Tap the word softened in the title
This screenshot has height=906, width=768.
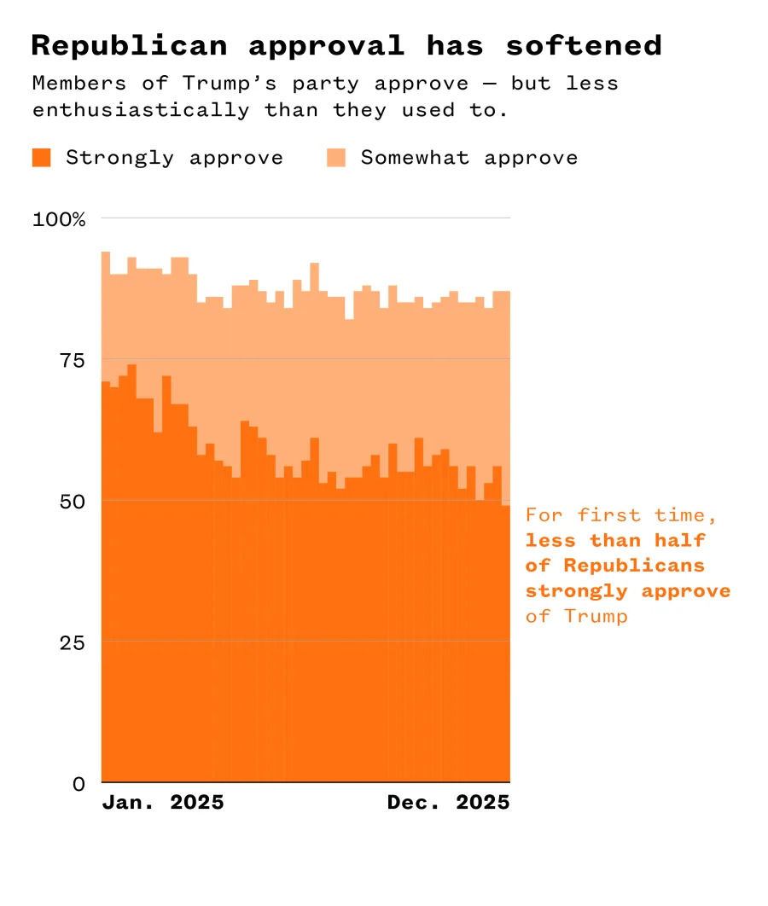pyautogui.click(x=583, y=46)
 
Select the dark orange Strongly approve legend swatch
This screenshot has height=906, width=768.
pyautogui.click(x=41, y=158)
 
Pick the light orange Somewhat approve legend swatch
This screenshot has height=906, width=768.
pyautogui.click(x=336, y=158)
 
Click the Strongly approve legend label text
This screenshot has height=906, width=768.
pyautogui.click(x=174, y=158)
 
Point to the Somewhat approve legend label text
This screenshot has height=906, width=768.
pyautogui.click(x=469, y=158)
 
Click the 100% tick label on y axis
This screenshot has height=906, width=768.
pyautogui.click(x=60, y=219)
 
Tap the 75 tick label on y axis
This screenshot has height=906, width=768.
pyautogui.click(x=73, y=360)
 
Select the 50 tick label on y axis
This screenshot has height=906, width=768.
pyautogui.click(x=73, y=501)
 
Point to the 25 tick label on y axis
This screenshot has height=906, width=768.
pyautogui.click(x=73, y=642)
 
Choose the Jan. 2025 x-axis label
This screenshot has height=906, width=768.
pyautogui.click(x=162, y=803)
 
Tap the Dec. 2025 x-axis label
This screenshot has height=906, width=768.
pyautogui.click(x=448, y=803)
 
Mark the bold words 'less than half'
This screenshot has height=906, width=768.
pyautogui.click(x=615, y=540)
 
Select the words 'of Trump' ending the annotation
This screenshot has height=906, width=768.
pyautogui.click(x=576, y=616)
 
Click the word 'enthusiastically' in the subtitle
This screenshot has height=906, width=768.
pyautogui.click(x=141, y=110)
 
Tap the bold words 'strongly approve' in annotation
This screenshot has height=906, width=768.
pyautogui.click(x=628, y=590)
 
